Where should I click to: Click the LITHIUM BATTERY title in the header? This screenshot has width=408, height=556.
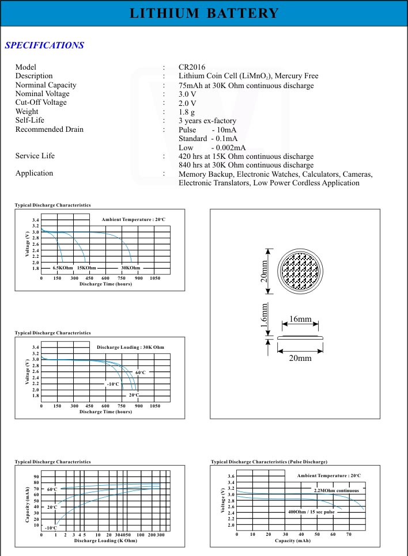point(204,14)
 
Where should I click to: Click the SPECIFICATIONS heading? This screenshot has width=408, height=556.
point(44,45)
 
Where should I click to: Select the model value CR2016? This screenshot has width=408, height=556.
point(192,67)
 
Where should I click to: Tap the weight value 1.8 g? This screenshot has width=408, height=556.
point(187,112)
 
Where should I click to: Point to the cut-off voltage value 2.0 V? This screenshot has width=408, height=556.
point(187,102)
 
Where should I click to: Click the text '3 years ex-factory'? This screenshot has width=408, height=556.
point(207,120)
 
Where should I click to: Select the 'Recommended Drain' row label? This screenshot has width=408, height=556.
point(49,130)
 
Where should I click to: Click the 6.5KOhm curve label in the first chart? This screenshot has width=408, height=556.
point(62,268)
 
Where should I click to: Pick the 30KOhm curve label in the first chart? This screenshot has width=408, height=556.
point(131,268)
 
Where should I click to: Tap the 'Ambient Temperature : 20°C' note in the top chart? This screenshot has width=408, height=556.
point(133,220)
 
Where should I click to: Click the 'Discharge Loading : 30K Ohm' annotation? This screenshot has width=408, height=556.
point(130,347)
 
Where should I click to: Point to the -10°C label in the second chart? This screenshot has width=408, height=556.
point(113,384)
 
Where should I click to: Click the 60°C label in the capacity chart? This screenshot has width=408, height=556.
point(52,489)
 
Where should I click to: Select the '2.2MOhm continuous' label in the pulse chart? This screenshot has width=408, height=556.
point(336,490)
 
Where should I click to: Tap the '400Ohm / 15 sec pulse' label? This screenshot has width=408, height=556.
point(311,512)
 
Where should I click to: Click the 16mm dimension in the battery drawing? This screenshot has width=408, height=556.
point(300,319)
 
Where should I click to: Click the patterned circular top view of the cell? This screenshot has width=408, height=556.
point(299,270)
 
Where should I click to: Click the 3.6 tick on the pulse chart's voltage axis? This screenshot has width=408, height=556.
point(231,477)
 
